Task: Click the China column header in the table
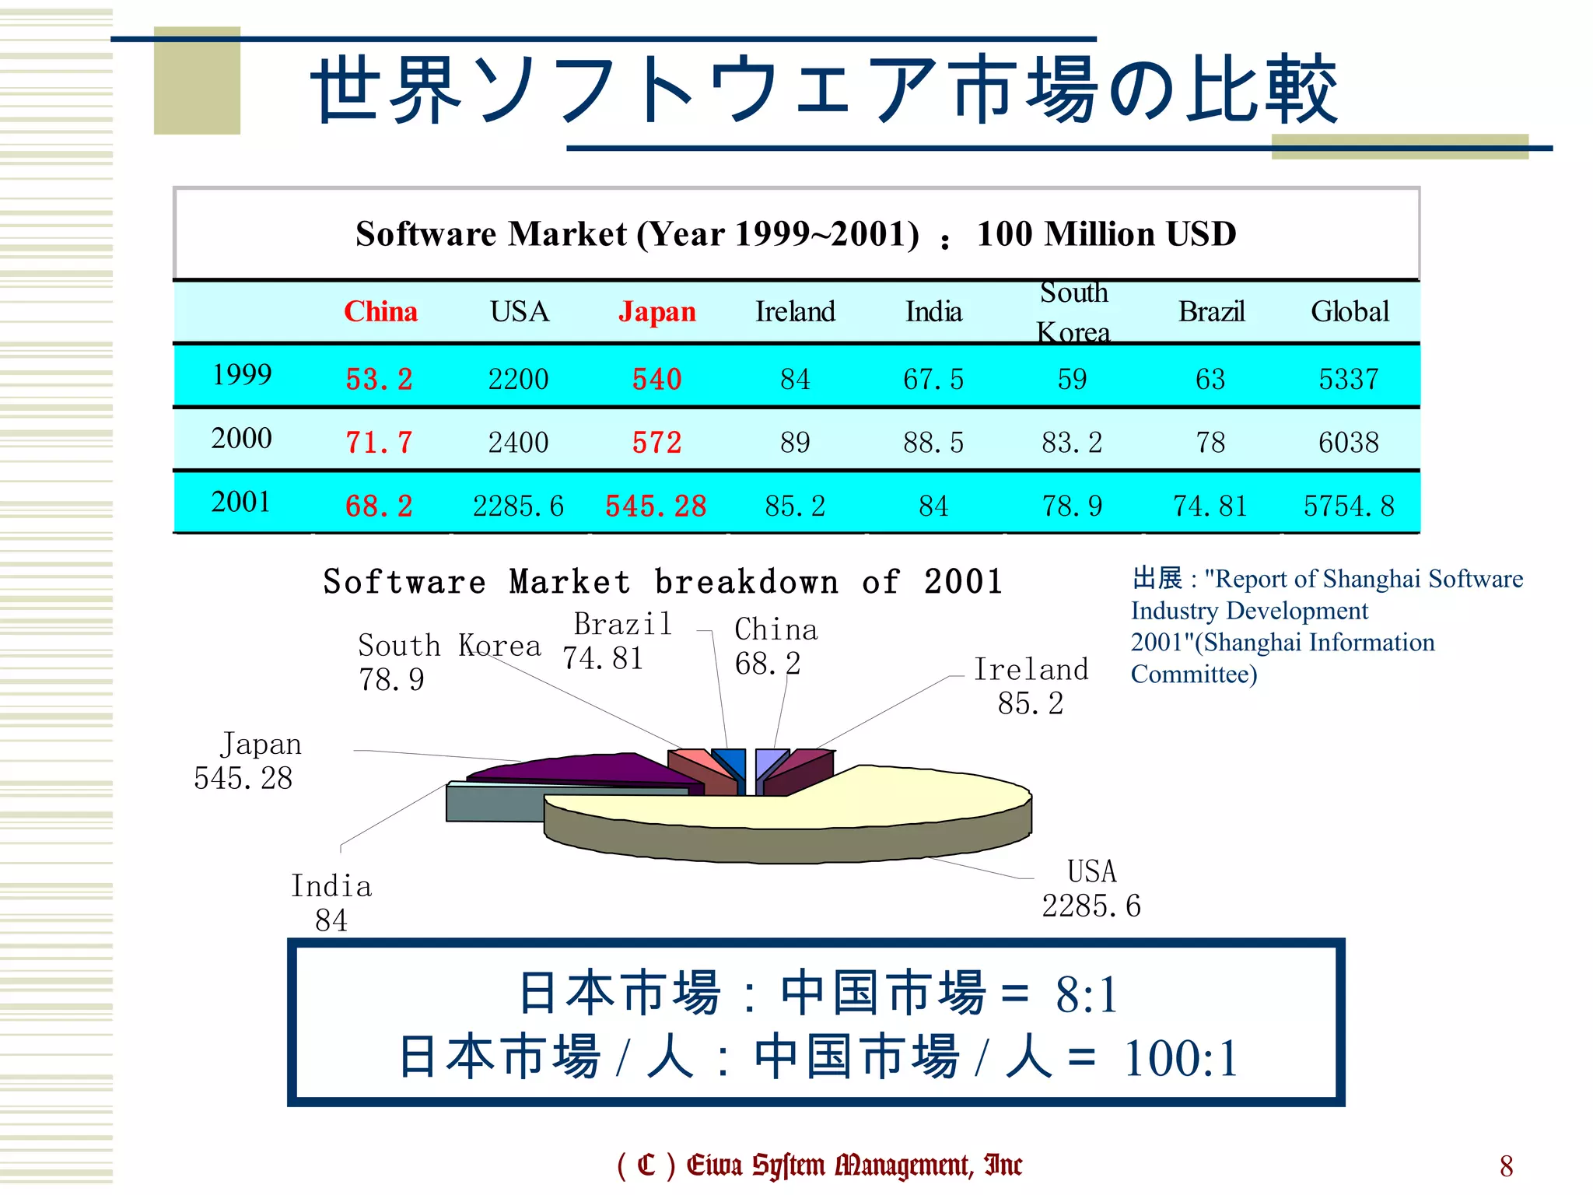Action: tap(380, 312)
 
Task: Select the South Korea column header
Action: tap(1073, 312)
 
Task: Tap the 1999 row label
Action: tap(242, 375)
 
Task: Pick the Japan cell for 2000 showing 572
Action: tap(656, 443)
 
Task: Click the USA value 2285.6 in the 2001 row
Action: tap(518, 506)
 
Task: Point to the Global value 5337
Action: tap(1349, 380)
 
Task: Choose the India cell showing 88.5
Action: tap(933, 443)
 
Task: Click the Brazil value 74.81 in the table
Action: tap(1210, 506)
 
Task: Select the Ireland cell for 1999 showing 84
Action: tap(795, 380)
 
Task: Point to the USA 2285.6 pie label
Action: tap(1091, 888)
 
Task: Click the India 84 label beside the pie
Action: tap(331, 902)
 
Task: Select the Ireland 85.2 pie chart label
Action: tap(1031, 685)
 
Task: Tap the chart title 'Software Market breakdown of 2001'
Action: tap(663, 582)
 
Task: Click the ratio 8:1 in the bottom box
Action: tap(1087, 994)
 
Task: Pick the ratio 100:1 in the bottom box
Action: tap(1181, 1059)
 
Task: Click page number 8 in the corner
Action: tap(1506, 1165)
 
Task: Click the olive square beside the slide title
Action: tap(197, 81)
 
